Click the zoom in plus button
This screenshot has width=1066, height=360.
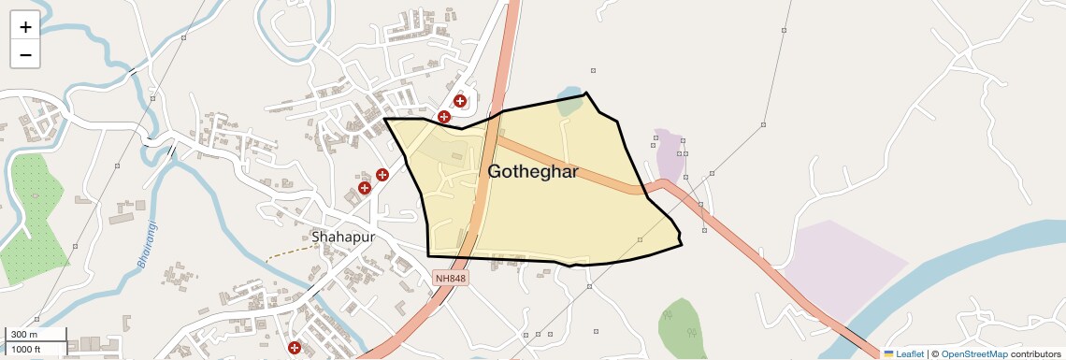pos(25,27)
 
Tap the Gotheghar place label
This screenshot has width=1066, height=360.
pos(532,172)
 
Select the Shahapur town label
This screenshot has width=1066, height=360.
pos(343,237)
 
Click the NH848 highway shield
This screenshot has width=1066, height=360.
pos(449,278)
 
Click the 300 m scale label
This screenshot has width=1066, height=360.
pos(24,335)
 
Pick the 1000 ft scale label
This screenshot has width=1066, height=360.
pos(26,349)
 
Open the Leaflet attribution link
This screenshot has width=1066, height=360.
pos(910,354)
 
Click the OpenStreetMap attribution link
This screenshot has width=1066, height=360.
pos(973,354)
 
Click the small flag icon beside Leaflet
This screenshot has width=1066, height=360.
pos(888,354)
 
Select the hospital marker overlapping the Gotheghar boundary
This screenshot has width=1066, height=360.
pos(444,117)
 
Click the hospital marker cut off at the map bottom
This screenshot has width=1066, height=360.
pos(295,349)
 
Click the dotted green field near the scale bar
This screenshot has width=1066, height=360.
pos(32,220)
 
